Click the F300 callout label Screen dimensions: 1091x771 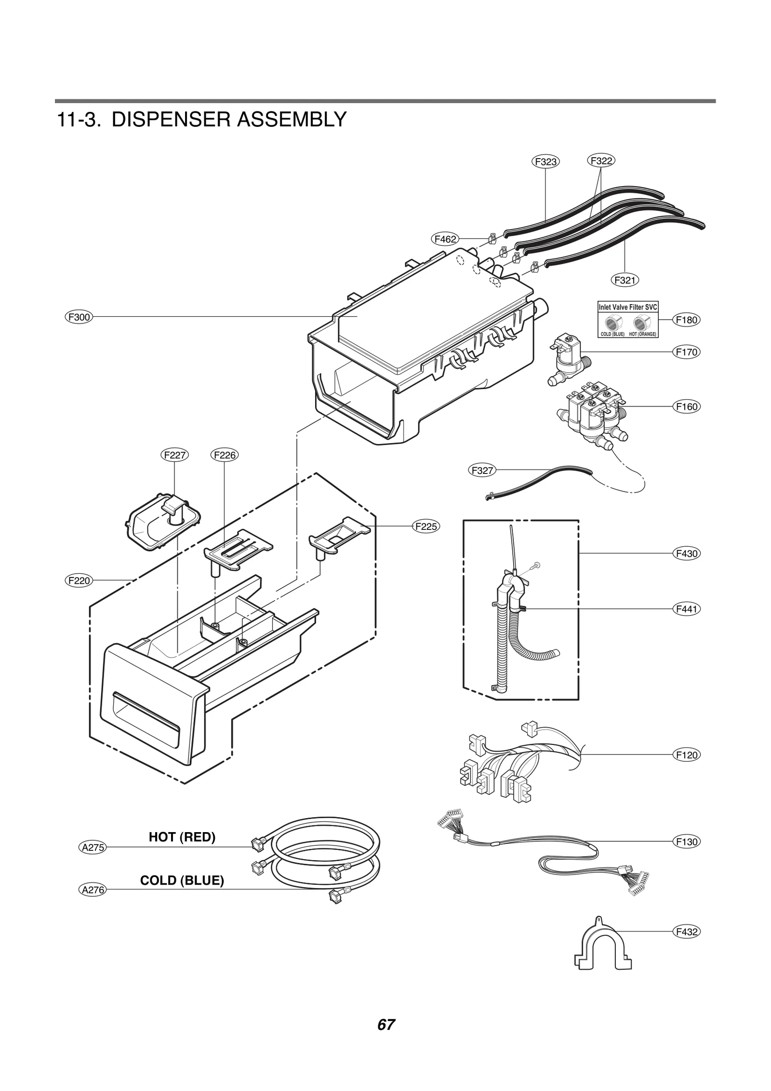click(x=78, y=317)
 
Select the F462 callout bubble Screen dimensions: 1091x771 click(x=444, y=239)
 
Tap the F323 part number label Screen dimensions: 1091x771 click(x=545, y=162)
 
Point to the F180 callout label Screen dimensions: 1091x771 click(x=686, y=320)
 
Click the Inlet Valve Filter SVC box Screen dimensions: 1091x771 click(x=628, y=320)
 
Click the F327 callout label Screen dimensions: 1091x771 click(x=482, y=471)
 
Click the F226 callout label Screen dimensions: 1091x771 click(x=225, y=455)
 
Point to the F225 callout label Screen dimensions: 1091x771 click(x=426, y=526)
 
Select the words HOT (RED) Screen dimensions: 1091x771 click(x=182, y=837)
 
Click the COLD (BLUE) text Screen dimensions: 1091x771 click(x=182, y=881)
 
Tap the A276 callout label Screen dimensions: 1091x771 click(x=92, y=890)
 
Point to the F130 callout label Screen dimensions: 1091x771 click(x=686, y=842)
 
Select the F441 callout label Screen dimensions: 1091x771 click(x=686, y=609)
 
